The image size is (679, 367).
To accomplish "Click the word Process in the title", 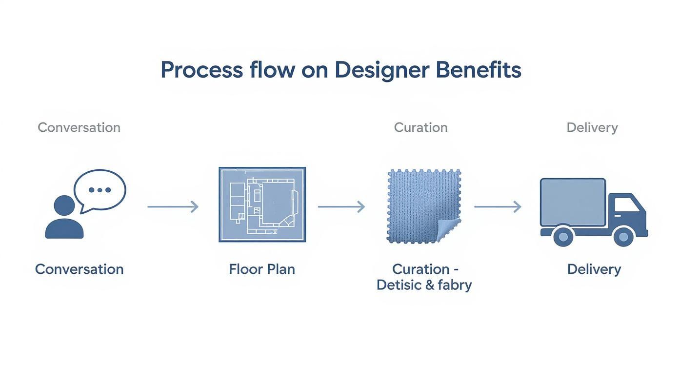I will pyautogui.click(x=201, y=70).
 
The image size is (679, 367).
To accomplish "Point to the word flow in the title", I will pyautogui.click(x=272, y=70).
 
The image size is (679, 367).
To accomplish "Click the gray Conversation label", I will pyautogui.click(x=79, y=127).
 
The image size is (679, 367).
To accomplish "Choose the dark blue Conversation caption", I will pyautogui.click(x=79, y=269).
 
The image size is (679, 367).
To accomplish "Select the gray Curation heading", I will pyautogui.click(x=420, y=127).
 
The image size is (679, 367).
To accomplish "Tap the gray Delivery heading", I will pyautogui.click(x=592, y=127).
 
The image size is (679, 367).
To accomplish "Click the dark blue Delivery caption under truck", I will pyautogui.click(x=594, y=269).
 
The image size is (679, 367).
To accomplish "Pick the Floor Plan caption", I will pyautogui.click(x=262, y=269).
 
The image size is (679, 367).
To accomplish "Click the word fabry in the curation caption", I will pyautogui.click(x=455, y=285).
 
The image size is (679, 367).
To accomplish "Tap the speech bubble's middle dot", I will pyautogui.click(x=100, y=190).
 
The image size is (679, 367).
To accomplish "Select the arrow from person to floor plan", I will pyautogui.click(x=173, y=207).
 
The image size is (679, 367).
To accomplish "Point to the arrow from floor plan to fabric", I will pyautogui.click(x=341, y=207).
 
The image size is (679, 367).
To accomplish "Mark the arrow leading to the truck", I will pyautogui.click(x=498, y=207).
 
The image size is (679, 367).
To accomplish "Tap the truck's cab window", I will pyautogui.click(x=625, y=204).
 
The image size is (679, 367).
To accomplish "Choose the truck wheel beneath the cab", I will pyautogui.click(x=623, y=237).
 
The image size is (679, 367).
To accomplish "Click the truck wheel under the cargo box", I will pyautogui.click(x=563, y=237).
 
